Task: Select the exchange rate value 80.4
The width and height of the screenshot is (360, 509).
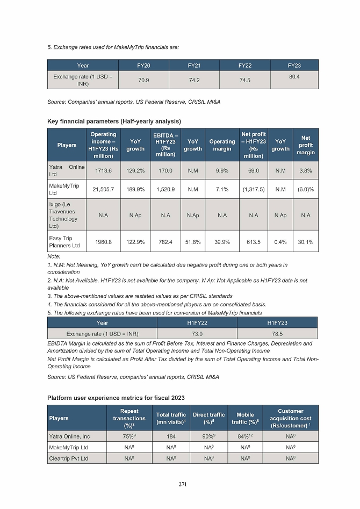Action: [294, 77]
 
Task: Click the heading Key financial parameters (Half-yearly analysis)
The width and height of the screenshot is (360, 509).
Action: [114, 121]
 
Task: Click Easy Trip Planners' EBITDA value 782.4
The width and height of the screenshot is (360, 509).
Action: [165, 242]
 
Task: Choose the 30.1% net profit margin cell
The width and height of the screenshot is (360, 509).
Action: [306, 242]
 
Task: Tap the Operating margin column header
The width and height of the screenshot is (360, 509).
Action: [222, 145]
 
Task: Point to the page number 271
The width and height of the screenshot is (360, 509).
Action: [183, 484]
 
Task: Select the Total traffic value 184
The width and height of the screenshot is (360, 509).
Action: [170, 436]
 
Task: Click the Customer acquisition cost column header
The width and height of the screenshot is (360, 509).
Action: [291, 418]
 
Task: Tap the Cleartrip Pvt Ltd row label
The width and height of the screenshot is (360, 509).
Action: [69, 459]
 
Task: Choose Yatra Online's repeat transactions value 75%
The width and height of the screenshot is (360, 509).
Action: [129, 436]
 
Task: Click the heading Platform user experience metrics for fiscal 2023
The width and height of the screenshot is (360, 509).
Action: [116, 398]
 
